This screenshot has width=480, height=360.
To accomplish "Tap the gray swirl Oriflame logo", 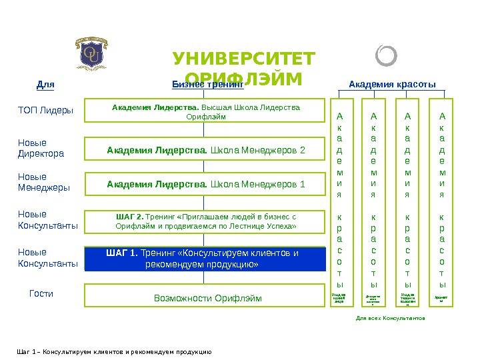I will point(386,56).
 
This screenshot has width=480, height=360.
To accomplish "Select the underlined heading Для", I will point(45,85).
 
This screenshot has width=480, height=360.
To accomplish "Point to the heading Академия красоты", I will point(393,85).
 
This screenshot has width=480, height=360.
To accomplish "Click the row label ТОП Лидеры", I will point(45,110).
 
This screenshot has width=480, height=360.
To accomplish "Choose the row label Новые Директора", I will point(41,148).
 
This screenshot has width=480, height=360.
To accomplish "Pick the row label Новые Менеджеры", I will point(43,182).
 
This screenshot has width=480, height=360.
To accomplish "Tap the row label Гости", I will point(41,293).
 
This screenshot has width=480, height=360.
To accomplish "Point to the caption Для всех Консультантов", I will point(390,319).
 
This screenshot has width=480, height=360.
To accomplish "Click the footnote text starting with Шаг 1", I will point(113,351).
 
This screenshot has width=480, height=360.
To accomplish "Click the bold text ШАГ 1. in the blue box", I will point(122,253).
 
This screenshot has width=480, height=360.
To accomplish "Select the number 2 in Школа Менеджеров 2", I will point(302,150).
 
